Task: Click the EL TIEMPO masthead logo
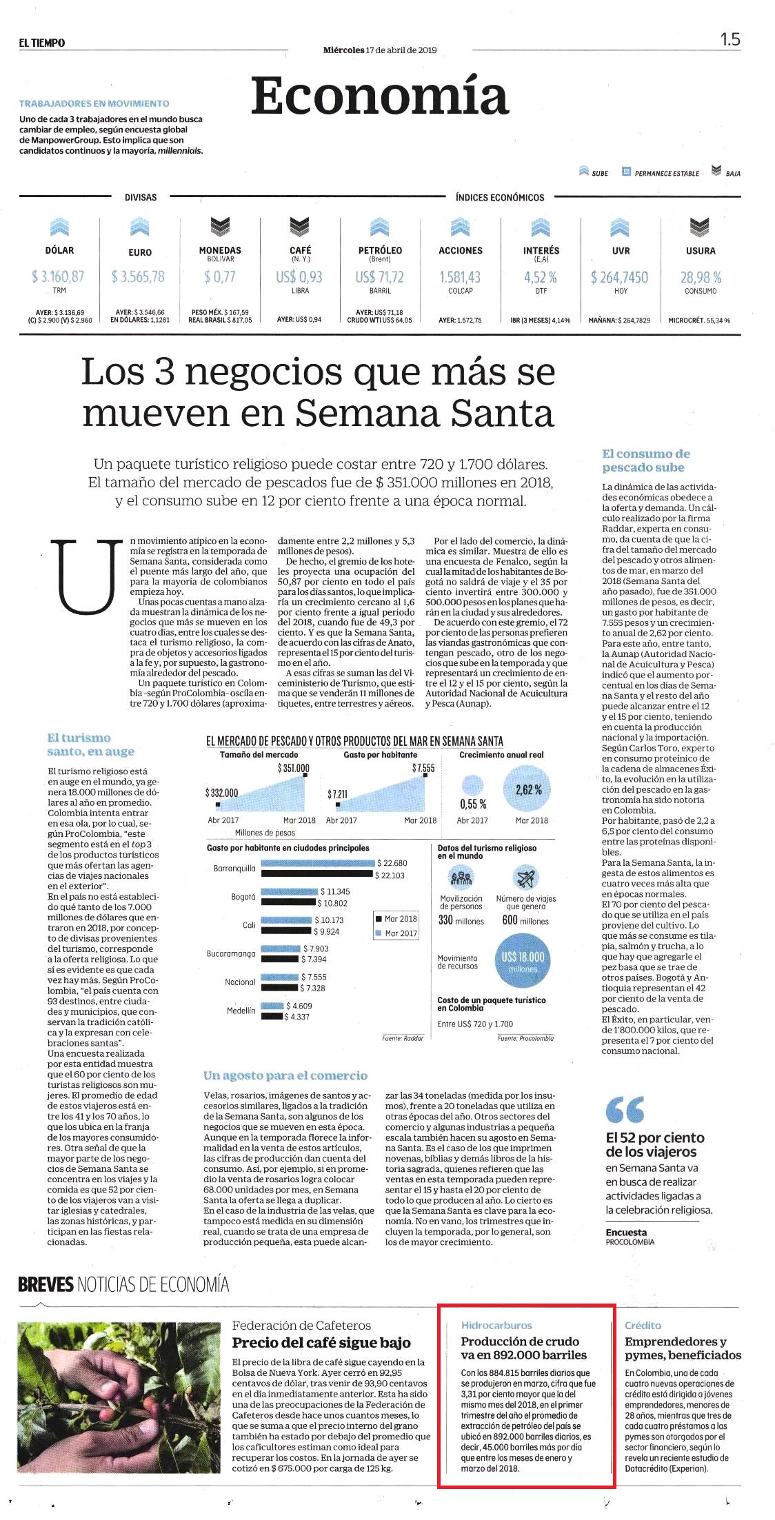pyautogui.click(x=42, y=43)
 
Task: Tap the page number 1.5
pyautogui.click(x=730, y=39)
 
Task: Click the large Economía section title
pyautogui.click(x=379, y=96)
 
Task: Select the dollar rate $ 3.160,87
pyautogui.click(x=58, y=276)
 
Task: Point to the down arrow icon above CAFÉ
pyautogui.click(x=299, y=225)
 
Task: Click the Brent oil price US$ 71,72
pyautogui.click(x=379, y=276)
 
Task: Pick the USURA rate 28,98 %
pyautogui.click(x=701, y=277)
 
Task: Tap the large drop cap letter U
pyautogui.click(x=86, y=577)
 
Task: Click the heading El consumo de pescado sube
pyautogui.click(x=646, y=460)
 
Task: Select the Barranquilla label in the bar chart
pyautogui.click(x=234, y=869)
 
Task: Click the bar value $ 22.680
pyautogui.click(x=395, y=863)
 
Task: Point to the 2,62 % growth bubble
pyautogui.click(x=528, y=790)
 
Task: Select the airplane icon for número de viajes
pyautogui.click(x=525, y=878)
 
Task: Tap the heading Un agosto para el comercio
pyautogui.click(x=285, y=1075)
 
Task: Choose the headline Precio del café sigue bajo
pyautogui.click(x=321, y=1342)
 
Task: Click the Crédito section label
pyautogui.click(x=643, y=1325)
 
